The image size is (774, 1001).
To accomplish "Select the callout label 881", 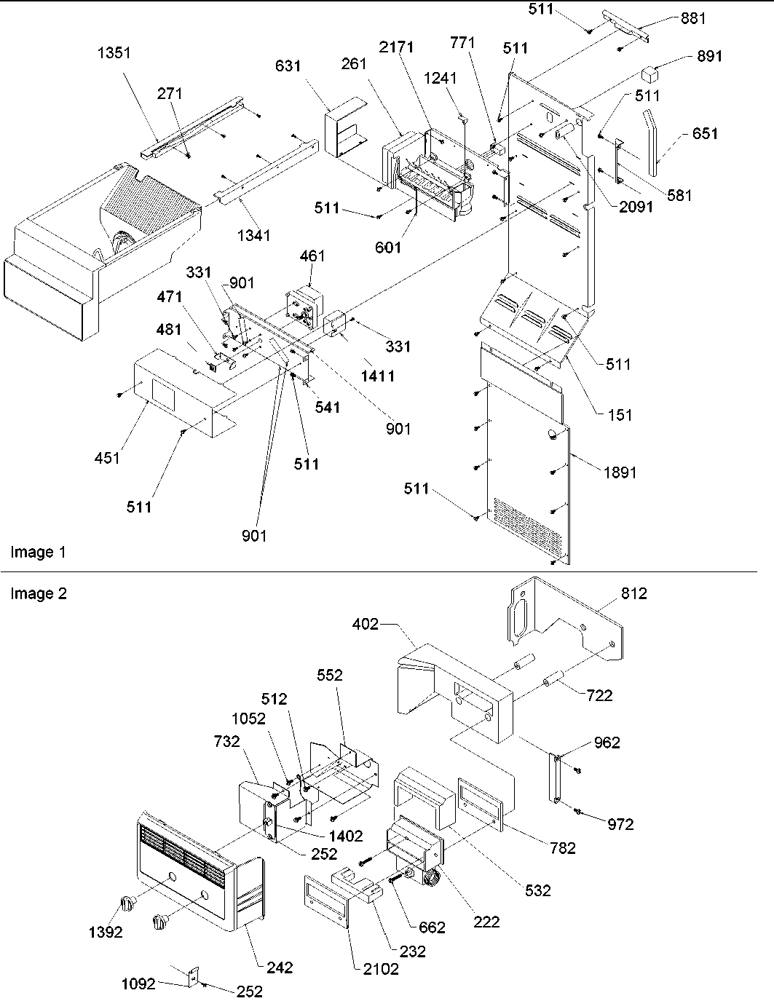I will [693, 18].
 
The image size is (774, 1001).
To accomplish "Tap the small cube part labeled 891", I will [650, 74].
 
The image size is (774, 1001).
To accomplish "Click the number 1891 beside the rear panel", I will [620, 472].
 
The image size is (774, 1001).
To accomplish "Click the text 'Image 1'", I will [38, 553].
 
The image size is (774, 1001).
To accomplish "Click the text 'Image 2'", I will [39, 594].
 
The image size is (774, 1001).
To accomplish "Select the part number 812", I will [633, 593].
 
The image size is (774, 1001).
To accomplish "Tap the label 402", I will [366, 624].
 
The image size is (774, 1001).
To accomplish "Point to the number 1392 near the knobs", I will [106, 932].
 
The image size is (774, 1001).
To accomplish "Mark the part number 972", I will [620, 824].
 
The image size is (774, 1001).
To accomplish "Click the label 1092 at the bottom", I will [138, 985].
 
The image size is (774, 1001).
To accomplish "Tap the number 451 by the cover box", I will [108, 458].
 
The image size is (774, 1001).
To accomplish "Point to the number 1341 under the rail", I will [253, 235].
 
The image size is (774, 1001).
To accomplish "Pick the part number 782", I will [562, 847].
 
